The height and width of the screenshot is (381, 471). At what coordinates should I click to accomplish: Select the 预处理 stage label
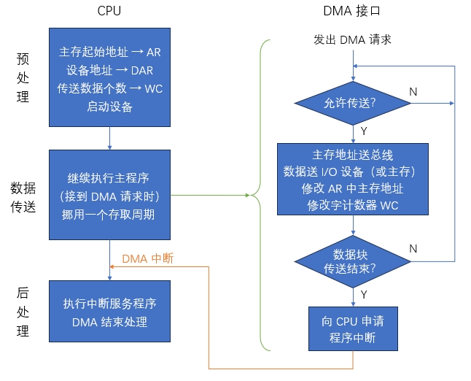(23, 77)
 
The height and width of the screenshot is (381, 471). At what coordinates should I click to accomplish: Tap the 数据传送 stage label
(23, 197)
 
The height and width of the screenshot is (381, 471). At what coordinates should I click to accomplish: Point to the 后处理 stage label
(23, 312)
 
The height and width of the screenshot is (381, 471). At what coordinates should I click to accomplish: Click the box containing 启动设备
(109, 77)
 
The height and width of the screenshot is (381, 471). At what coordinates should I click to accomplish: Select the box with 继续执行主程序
(109, 195)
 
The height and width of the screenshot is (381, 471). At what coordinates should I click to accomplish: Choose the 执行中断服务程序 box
(109, 312)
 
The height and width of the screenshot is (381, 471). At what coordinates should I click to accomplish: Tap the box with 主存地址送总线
(352, 179)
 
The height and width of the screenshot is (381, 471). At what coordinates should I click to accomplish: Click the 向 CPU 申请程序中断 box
(354, 330)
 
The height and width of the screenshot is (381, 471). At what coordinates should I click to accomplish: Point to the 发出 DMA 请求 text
(352, 39)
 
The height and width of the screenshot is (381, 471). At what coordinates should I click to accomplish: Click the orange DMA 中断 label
(147, 258)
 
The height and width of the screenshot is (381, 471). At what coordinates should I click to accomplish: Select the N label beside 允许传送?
(413, 92)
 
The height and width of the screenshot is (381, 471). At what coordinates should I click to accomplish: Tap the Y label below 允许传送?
(363, 131)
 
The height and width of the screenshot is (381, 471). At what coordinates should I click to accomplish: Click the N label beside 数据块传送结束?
(413, 249)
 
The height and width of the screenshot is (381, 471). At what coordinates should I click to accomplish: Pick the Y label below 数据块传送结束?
(363, 294)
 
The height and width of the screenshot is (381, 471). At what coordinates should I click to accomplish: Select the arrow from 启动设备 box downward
(109, 137)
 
